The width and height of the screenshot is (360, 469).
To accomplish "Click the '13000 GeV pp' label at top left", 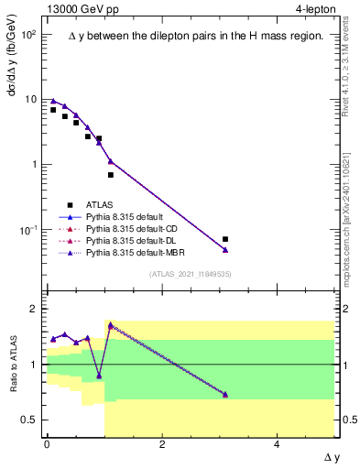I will (x=78, y=10).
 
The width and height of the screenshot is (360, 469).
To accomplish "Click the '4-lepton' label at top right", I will (x=311, y=10).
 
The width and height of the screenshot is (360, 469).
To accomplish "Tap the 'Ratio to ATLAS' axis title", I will (x=12, y=365).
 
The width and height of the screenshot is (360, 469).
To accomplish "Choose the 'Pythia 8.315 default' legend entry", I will (x=127, y=216).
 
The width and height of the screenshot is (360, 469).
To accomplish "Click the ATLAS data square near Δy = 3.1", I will (x=225, y=239).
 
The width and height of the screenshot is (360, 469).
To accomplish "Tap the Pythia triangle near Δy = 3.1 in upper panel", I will (x=225, y=249).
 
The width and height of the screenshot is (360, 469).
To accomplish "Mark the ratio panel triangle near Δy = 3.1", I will (x=225, y=395).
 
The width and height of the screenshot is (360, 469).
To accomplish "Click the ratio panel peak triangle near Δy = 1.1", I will (x=111, y=325).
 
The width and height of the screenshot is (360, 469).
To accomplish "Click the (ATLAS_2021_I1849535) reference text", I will (x=189, y=273).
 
